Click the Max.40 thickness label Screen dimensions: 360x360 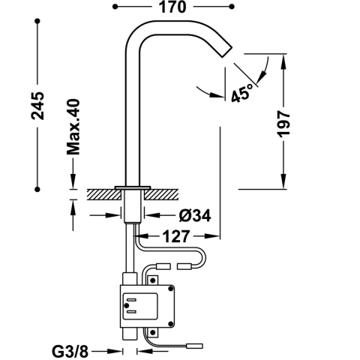tap(73, 125)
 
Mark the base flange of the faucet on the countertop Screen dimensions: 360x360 tap(133, 186)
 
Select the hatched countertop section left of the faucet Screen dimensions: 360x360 tap(100, 193)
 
